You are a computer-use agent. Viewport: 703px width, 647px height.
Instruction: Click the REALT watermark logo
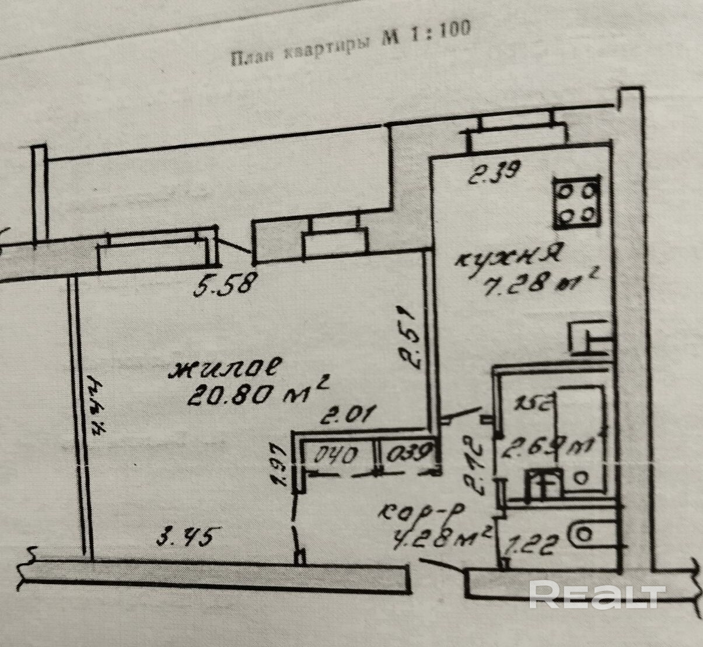[x=597, y=595]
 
